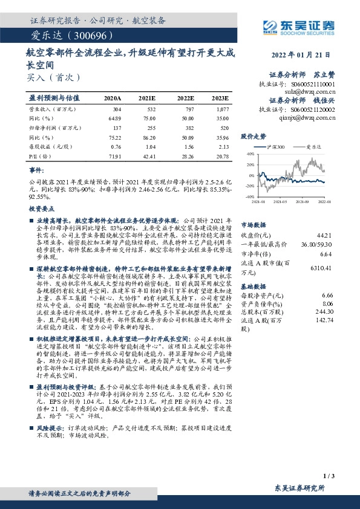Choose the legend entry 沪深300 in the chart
pos(273,147)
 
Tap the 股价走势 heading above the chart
pos(254,136)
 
